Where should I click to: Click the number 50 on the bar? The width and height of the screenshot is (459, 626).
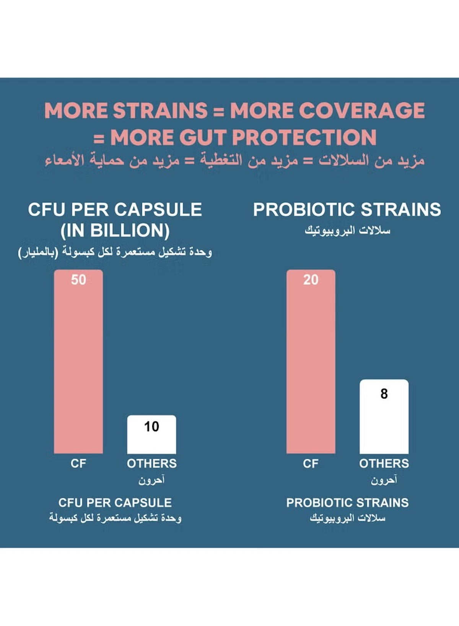[78, 280]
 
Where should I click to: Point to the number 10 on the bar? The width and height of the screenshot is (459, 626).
[151, 426]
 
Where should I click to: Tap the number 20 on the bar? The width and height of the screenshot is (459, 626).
[311, 280]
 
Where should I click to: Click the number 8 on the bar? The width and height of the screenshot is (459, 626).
[384, 393]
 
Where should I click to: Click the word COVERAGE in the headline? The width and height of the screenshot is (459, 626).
[361, 111]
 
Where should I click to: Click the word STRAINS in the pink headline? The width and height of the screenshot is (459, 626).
[160, 111]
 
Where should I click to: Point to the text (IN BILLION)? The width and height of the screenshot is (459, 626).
[115, 231]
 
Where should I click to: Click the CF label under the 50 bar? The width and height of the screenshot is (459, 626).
[78, 463]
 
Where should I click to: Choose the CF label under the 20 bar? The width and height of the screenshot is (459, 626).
[311, 463]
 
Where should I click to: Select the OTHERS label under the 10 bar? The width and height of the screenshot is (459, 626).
[152, 463]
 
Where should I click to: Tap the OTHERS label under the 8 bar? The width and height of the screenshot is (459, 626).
[384, 463]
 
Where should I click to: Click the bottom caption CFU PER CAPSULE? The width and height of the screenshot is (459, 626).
[115, 502]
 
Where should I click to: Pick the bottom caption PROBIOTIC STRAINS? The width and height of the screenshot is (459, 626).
[347, 502]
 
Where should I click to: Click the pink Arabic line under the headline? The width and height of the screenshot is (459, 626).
[234, 161]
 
